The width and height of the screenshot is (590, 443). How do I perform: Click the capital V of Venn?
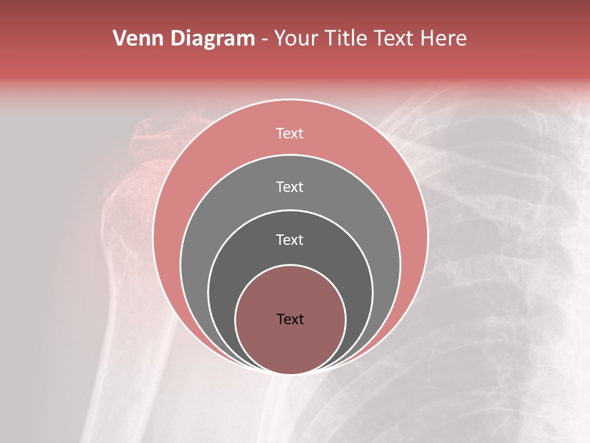tap(120, 39)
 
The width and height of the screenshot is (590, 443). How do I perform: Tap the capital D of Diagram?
tap(178, 39)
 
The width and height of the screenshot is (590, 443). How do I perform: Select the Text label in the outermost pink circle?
tap(290, 134)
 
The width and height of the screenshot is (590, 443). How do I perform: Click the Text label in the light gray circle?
tap(290, 186)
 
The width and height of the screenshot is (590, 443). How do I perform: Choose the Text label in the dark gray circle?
tap(290, 240)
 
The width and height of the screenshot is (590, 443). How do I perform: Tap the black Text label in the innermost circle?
tap(290, 319)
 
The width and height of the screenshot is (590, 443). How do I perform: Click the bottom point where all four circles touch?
tap(291, 373)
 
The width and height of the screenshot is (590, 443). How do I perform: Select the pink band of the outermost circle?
tap(184, 185)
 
